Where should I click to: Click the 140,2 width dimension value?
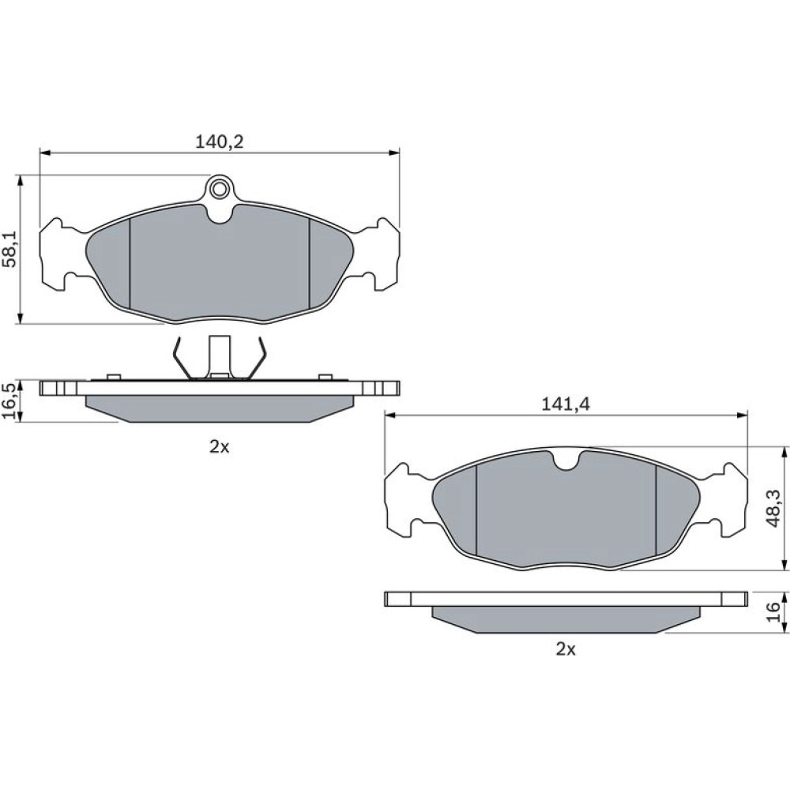coord(219,141)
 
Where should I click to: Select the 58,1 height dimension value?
coord(11,250)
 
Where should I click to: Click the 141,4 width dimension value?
coord(566,404)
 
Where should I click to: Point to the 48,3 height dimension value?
coord(773,508)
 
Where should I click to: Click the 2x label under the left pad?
coord(219,446)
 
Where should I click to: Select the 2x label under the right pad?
coord(566,649)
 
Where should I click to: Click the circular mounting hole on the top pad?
coord(219,190)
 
